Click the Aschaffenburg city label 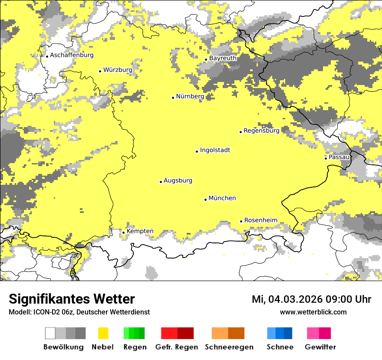pos(72,55)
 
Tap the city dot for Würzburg pos(100,71)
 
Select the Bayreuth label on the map pos(223,58)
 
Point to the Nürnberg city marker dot pos(173,98)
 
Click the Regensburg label pos(261,130)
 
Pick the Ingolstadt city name pos(215,150)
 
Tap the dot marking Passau pos(326,158)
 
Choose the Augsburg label pos(178,180)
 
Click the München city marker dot pos(205,200)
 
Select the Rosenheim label pos(260,220)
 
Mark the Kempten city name pos(140,231)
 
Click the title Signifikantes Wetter pos(72,299)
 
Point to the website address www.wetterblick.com pos(313,312)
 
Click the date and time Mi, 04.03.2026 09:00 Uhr pos(311,299)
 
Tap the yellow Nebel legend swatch pos(103,333)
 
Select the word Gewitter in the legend pos(320,347)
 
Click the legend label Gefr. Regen pos(176,347)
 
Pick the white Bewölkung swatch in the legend pos(50,333)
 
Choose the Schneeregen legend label pos(229,347)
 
